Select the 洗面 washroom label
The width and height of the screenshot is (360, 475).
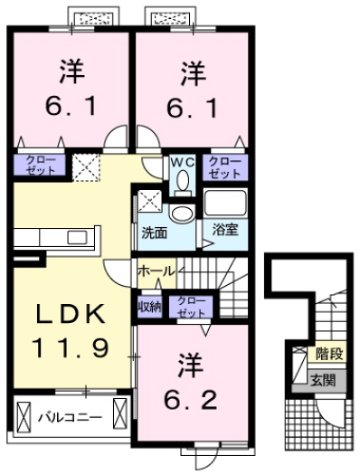pyautogui.click(x=153, y=232)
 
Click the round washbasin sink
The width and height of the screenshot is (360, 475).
pyautogui.click(x=182, y=214)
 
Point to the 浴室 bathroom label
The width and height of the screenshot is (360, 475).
pyautogui.click(x=225, y=231)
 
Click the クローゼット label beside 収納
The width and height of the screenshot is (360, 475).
pyautogui.click(x=190, y=307)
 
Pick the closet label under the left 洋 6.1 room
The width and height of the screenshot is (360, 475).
pyautogui.click(x=38, y=166)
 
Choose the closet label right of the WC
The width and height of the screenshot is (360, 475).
pyautogui.click(x=224, y=166)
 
